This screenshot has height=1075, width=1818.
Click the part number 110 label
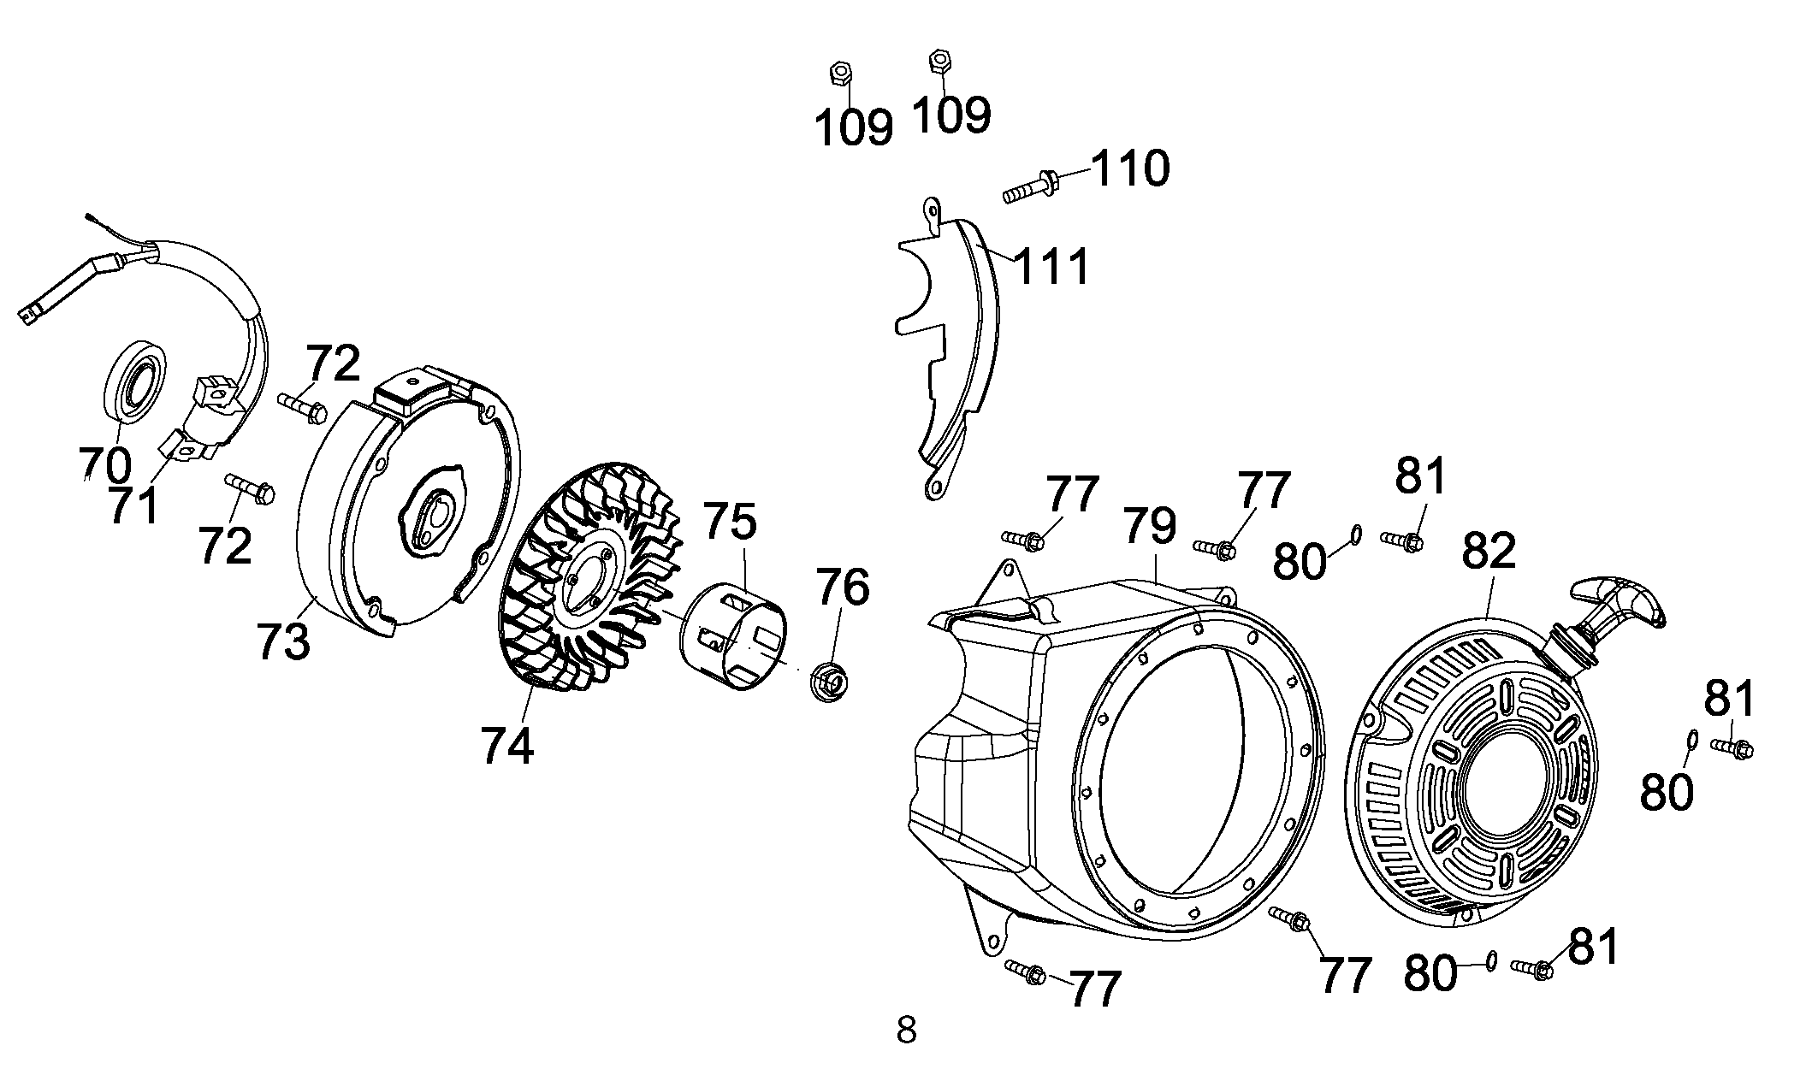click(x=1130, y=168)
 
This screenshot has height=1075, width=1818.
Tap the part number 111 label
click(x=1051, y=266)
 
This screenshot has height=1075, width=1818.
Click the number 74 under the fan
click(x=507, y=745)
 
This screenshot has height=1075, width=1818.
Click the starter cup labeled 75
click(x=732, y=635)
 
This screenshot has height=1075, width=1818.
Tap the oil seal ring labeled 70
click(x=135, y=381)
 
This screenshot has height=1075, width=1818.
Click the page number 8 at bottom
click(x=907, y=1031)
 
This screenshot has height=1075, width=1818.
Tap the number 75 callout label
click(x=731, y=522)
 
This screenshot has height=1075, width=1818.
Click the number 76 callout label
click(x=843, y=588)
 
